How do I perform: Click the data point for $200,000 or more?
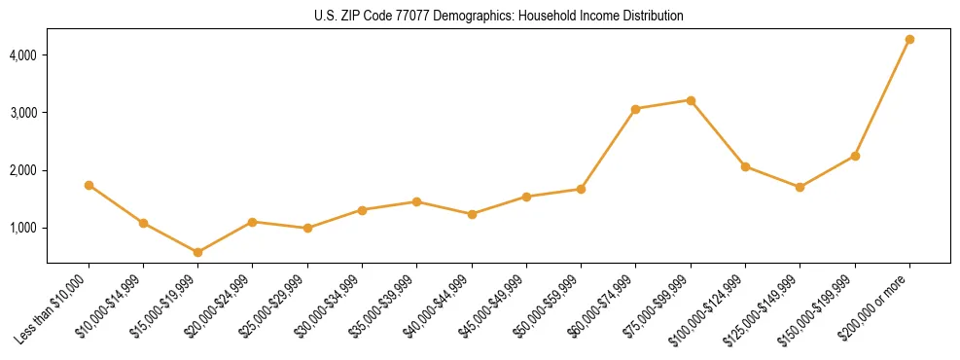point(909,39)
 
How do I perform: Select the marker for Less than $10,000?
point(89,185)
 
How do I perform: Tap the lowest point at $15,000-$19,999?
point(197,252)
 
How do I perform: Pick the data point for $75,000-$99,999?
point(691,100)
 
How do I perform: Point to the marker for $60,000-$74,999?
point(635,109)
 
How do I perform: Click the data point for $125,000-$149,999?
point(800,187)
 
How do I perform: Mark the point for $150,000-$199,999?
point(855,156)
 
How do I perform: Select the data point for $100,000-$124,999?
point(745,166)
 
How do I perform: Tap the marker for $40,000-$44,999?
point(472,214)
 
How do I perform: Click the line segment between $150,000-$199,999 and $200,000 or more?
point(882,97)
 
